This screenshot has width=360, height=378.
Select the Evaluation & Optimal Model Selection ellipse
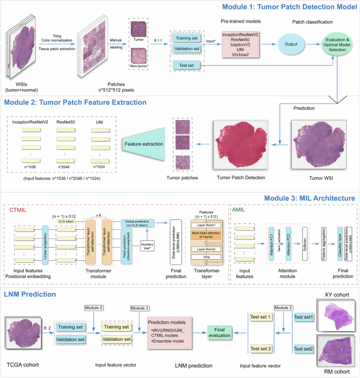[337, 48]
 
